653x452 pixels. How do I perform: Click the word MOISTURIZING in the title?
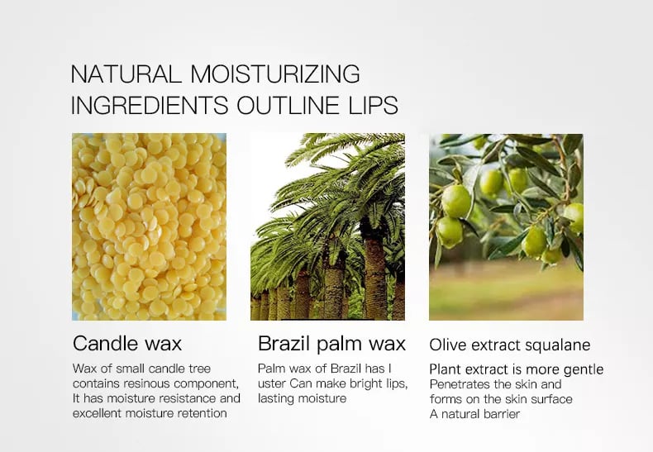(x=275, y=74)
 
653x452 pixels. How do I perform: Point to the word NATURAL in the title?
(x=126, y=74)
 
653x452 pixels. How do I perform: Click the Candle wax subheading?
(x=127, y=344)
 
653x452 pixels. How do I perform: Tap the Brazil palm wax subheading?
(x=332, y=344)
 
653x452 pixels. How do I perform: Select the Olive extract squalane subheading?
(x=510, y=345)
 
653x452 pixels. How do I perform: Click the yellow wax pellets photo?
(x=149, y=227)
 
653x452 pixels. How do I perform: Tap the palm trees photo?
(x=328, y=227)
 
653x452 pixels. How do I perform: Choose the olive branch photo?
(x=506, y=227)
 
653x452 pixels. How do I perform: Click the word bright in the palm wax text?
(x=365, y=383)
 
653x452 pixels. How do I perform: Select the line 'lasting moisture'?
(x=303, y=398)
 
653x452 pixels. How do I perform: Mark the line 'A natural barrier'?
(x=474, y=414)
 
